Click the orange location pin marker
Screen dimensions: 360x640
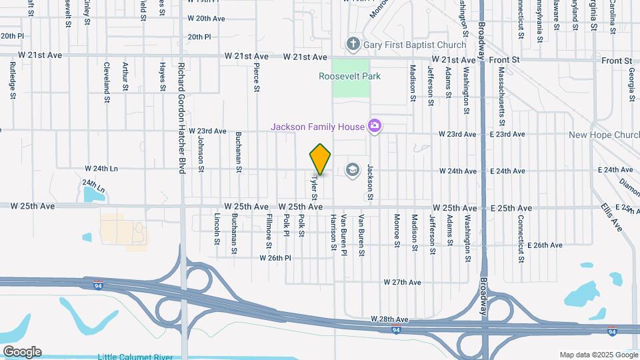(321, 159)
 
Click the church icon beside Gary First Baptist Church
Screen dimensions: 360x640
(353, 45)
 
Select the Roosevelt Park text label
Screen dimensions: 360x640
(350, 76)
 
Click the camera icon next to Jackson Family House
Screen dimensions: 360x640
(375, 126)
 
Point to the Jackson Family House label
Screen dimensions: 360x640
(317, 127)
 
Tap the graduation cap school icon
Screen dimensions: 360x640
(351, 171)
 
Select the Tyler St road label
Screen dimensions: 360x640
(313, 187)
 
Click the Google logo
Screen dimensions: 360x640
(21, 352)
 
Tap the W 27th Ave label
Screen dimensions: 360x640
(402, 283)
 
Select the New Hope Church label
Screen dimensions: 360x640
(603, 135)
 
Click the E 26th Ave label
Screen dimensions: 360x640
(545, 245)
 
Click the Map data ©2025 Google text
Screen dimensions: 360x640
(598, 355)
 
